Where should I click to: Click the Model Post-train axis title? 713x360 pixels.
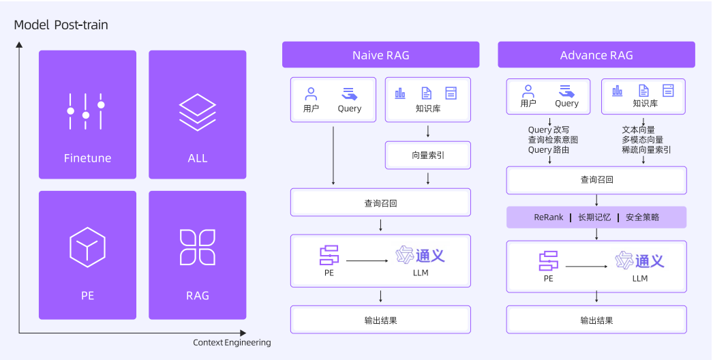pyautogui.click(x=61, y=25)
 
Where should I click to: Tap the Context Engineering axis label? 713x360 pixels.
pyautogui.click(x=232, y=342)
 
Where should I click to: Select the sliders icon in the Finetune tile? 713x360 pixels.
pyautogui.click(x=86, y=111)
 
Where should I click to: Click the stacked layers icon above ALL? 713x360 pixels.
pyautogui.click(x=197, y=112)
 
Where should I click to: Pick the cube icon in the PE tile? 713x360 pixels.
pyautogui.click(x=87, y=247)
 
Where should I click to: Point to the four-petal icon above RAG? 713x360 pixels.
pyautogui.click(x=197, y=247)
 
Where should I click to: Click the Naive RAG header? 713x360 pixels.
pyautogui.click(x=380, y=55)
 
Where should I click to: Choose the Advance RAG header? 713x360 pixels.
pyautogui.click(x=596, y=55)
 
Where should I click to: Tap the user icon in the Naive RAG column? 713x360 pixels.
pyautogui.click(x=312, y=94)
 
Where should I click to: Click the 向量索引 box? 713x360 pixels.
pyautogui.click(x=427, y=155)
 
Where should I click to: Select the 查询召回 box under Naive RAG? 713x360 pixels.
pyautogui.click(x=380, y=202)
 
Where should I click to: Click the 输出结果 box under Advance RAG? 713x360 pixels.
pyautogui.click(x=596, y=320)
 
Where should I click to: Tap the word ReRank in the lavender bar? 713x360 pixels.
pyautogui.click(x=549, y=217)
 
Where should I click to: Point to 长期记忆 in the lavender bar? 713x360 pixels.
pyautogui.click(x=594, y=217)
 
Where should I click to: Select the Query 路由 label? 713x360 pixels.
pyautogui.click(x=549, y=150)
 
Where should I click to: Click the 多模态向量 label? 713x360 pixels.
pyautogui.click(x=642, y=140)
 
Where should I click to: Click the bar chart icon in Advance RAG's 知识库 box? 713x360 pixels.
pyautogui.click(x=618, y=91)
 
